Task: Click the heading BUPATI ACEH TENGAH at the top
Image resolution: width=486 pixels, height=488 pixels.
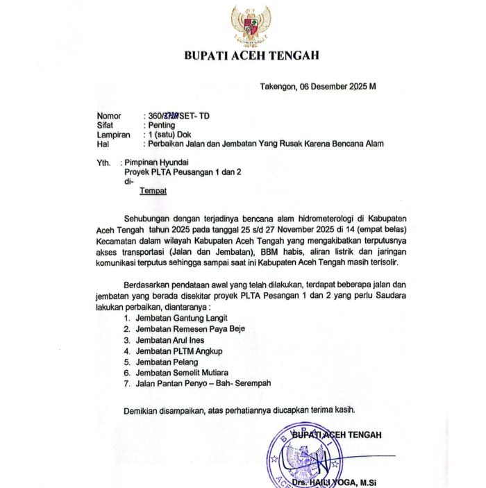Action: point(251,56)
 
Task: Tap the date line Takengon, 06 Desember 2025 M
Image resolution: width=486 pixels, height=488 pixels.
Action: point(317,87)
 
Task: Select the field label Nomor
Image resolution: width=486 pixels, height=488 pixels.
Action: point(109,116)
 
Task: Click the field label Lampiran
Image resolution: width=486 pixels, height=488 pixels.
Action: point(113,135)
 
